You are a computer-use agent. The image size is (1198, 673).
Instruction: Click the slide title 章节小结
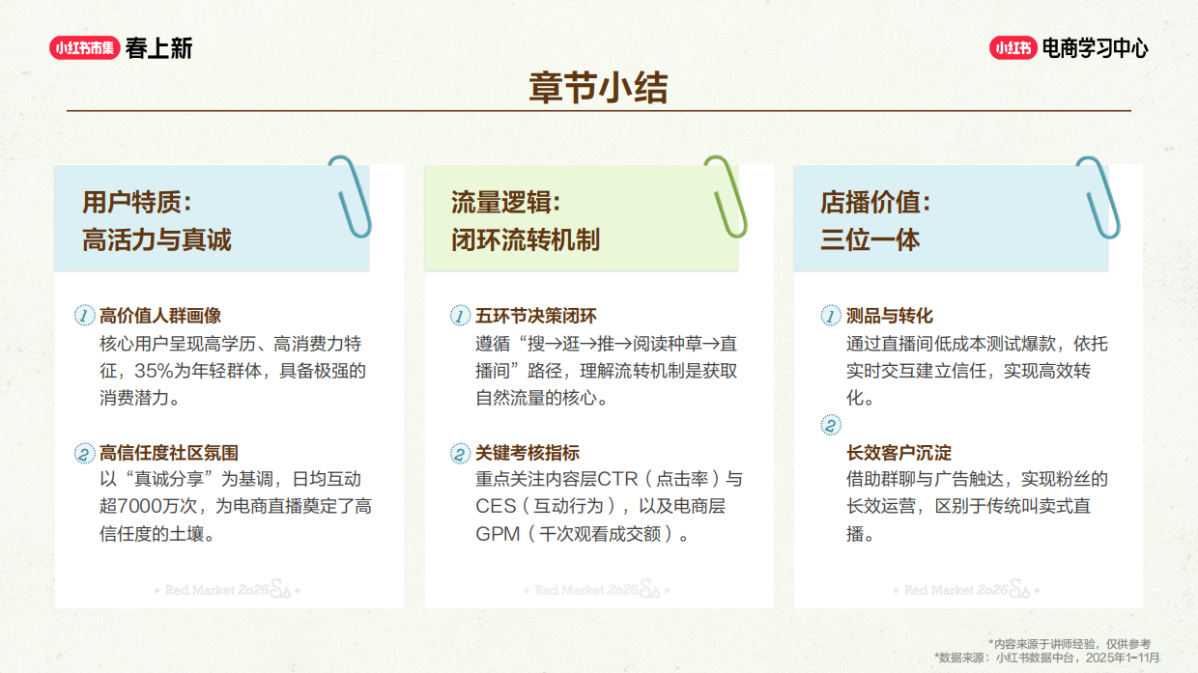click(598, 88)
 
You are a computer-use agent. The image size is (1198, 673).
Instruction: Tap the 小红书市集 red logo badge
click(85, 48)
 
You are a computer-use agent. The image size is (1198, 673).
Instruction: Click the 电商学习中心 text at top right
click(1096, 48)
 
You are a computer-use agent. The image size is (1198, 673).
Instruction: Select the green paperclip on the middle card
click(726, 197)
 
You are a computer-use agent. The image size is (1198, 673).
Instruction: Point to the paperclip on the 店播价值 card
click(1098, 197)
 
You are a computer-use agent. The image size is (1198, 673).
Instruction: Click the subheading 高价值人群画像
click(160, 316)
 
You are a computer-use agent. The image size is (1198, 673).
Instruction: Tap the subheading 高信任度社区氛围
click(169, 453)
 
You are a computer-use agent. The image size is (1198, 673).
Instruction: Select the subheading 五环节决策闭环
click(536, 316)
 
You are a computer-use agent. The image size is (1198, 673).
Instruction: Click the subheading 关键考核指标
click(528, 453)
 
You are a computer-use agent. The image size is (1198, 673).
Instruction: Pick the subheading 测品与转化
click(890, 316)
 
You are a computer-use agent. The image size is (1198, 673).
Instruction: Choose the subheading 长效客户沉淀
click(898, 453)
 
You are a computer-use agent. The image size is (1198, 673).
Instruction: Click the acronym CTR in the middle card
click(618, 479)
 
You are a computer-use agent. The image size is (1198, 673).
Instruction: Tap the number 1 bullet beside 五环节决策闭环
click(460, 316)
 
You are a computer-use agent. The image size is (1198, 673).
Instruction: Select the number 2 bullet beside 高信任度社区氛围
click(84, 453)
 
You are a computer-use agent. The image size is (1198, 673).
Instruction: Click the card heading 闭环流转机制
click(526, 239)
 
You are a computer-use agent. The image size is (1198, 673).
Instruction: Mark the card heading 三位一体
click(870, 239)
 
